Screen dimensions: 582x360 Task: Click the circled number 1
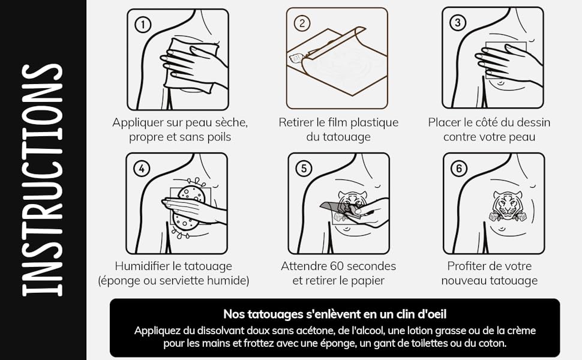tap(143, 25)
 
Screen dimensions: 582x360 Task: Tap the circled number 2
tap(302, 23)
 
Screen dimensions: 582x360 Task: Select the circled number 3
tap(458, 23)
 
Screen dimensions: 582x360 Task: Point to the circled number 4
tap(142, 169)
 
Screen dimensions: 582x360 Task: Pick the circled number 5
tap(304, 169)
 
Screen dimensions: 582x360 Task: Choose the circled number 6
tap(459, 169)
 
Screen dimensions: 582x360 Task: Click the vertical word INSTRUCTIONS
tap(42, 180)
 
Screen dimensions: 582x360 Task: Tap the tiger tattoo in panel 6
tap(507, 206)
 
